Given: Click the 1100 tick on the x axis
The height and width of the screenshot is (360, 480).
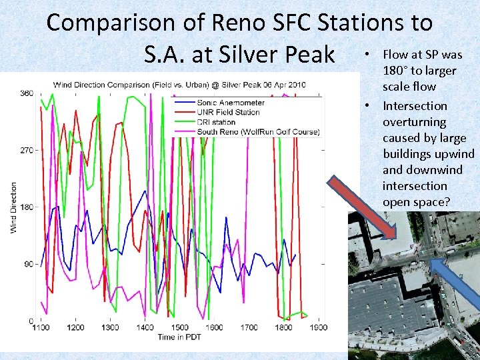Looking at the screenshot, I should pyautogui.click(x=41, y=327).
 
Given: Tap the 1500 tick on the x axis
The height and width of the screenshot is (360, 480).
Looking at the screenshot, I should pyautogui.click(x=180, y=327).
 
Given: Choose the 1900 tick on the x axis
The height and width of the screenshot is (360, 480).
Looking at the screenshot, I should pyautogui.click(x=318, y=327).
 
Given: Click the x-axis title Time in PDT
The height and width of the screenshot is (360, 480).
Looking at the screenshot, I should pyautogui.click(x=180, y=337).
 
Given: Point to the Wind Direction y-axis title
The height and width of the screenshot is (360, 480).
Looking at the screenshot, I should pyautogui.click(x=14, y=207).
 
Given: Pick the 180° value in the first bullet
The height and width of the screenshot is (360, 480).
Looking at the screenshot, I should pyautogui.click(x=397, y=71).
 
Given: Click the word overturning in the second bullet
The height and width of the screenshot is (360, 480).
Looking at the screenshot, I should pyautogui.click(x=414, y=122).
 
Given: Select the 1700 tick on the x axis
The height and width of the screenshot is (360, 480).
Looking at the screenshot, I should pyautogui.click(x=249, y=327).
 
